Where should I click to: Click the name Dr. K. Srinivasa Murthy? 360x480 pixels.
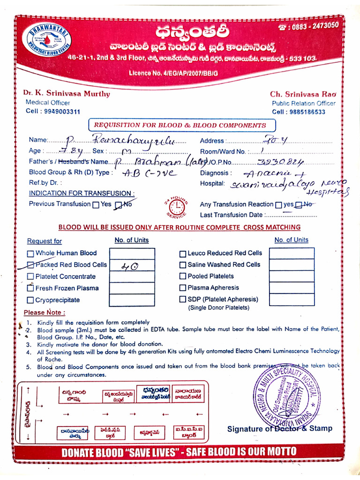(x=67, y=93)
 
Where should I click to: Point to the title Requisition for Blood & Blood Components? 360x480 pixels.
(x=180, y=125)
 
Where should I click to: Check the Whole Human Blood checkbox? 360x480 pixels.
(x=30, y=254)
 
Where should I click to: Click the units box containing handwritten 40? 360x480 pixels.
(x=132, y=265)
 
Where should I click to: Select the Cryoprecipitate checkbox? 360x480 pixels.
(x=30, y=300)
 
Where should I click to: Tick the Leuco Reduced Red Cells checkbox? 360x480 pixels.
(x=183, y=254)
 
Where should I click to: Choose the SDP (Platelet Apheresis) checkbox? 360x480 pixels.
(x=183, y=300)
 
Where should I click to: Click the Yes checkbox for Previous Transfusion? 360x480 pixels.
(x=96, y=204)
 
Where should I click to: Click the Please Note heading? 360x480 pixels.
(x=45, y=312)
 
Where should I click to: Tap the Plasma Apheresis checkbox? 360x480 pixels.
(x=183, y=288)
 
